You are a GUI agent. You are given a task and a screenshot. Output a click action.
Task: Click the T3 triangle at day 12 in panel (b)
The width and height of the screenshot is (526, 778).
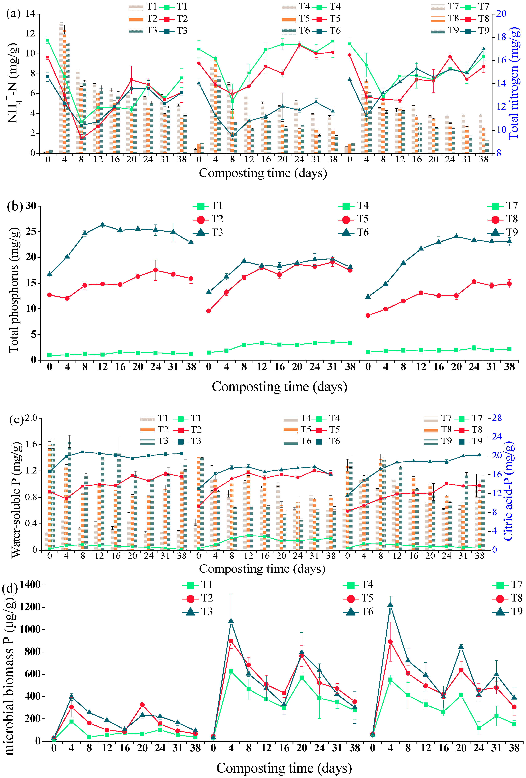(x=103, y=225)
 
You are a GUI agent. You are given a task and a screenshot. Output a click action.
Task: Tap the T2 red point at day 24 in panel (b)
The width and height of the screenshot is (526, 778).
(x=156, y=270)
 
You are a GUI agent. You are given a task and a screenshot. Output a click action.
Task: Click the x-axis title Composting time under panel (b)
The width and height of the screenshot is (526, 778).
(x=279, y=387)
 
